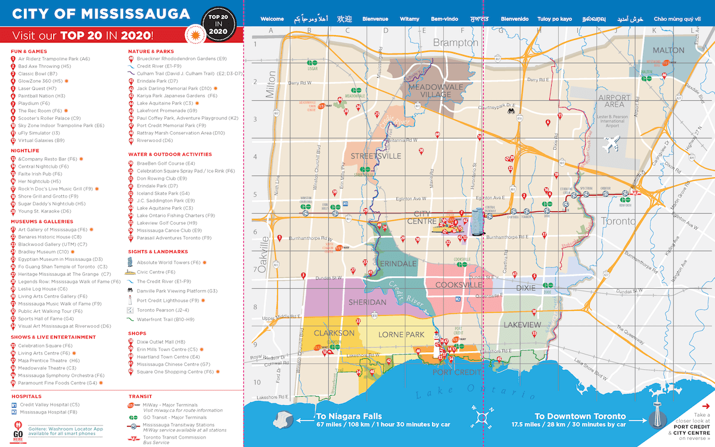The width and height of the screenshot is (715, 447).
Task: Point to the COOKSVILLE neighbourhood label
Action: pyautogui.click(x=459, y=285)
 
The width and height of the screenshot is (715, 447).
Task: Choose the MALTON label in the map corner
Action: pyautogui.click(x=669, y=50)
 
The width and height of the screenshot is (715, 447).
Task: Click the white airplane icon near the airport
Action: pyautogui.click(x=611, y=144)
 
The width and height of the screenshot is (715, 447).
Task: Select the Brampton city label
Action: pyautogui.click(x=455, y=43)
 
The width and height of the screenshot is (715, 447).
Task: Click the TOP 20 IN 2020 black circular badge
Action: pyautogui.click(x=217, y=22)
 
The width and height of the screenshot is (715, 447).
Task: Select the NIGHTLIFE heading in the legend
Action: pyautogui.click(x=24, y=150)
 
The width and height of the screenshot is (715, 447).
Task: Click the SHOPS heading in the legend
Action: pyautogui.click(x=137, y=333)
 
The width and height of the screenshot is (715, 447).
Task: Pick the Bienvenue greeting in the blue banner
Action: pyautogui.click(x=375, y=19)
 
